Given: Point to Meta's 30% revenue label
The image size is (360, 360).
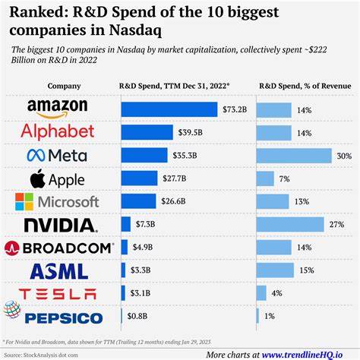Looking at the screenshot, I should pos(343,156).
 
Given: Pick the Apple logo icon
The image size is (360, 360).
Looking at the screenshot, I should pos(37,179).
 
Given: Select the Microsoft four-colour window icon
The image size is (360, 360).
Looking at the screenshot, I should pos(24,202).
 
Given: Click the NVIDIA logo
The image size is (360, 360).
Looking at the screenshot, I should pos(60,225).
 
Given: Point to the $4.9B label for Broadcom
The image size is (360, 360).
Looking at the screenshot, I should pos(143,248).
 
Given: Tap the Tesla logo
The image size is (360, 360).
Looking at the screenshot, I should pos(60,294).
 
